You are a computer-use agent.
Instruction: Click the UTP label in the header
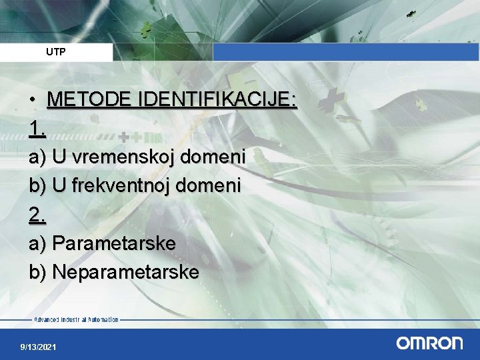point(56,51)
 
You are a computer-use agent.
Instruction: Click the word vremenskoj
point(117,157)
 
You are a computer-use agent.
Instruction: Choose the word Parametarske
point(114,243)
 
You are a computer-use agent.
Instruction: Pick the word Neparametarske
point(125,272)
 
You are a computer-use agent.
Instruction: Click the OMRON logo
point(429,343)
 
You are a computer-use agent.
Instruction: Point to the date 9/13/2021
point(39,347)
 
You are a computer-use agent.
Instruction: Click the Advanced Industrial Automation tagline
point(76,320)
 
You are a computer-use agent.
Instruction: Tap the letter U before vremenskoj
point(59,157)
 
